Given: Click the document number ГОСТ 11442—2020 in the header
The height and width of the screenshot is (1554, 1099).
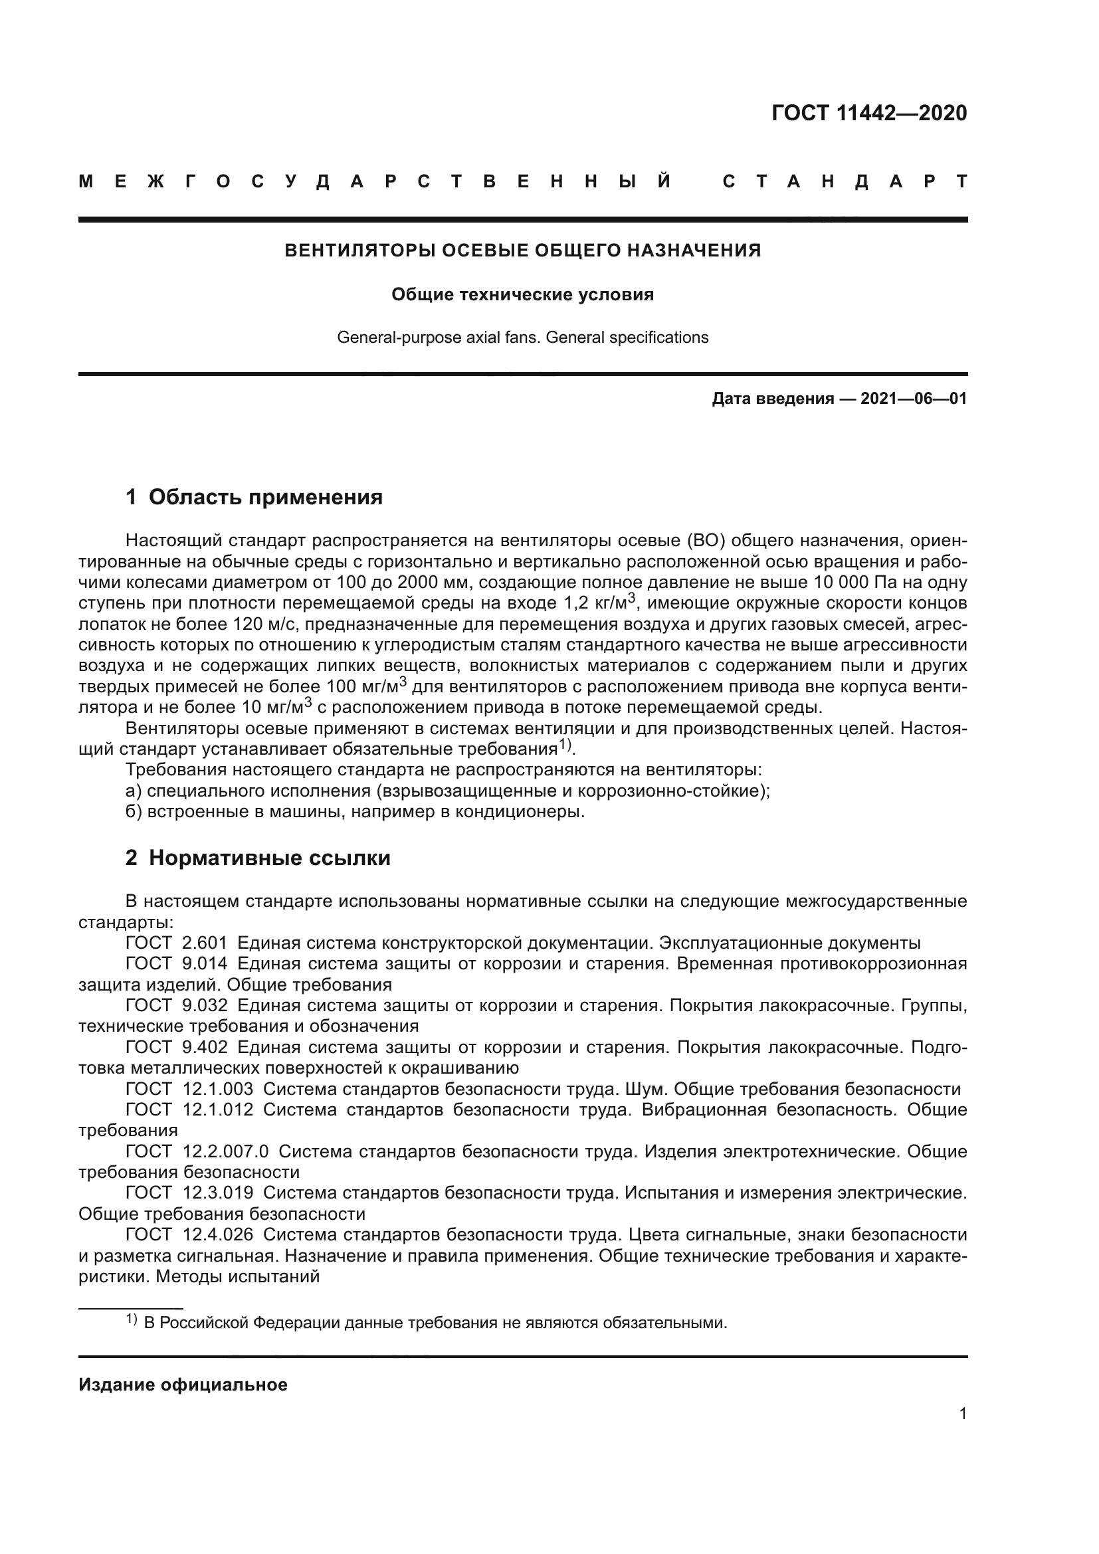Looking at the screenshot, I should [x=869, y=113].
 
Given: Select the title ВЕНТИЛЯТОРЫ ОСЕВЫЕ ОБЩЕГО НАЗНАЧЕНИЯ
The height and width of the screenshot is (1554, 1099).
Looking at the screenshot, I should [x=522, y=250].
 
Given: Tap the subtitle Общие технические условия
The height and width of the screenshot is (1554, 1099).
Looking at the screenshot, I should [x=522, y=295].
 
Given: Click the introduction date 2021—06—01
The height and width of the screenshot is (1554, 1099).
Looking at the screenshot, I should [x=914, y=399].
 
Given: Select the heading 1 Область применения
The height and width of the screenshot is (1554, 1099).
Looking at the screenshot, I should [x=254, y=498].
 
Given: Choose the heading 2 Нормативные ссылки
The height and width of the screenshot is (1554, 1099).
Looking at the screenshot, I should [x=258, y=858].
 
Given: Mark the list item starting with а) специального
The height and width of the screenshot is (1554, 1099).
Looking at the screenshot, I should [x=447, y=791].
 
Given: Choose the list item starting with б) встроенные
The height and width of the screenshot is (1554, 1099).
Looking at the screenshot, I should [x=355, y=811].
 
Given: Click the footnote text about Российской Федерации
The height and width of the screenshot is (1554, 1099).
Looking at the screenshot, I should [x=435, y=1323].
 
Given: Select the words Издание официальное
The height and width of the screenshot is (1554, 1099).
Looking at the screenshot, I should [x=183, y=1385].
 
